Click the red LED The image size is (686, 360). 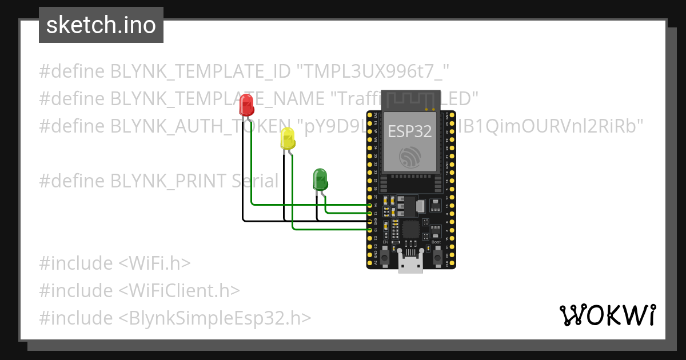click(x=247, y=105)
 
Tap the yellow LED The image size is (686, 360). click(x=288, y=138)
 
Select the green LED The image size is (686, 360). click(x=320, y=179)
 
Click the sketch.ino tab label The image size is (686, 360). click(x=101, y=25)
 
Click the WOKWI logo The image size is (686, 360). click(x=607, y=315)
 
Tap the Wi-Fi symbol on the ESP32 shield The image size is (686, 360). click(x=410, y=156)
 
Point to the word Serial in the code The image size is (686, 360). click(x=255, y=181)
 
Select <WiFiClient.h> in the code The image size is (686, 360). click(x=179, y=290)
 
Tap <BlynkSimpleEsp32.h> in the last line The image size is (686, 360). click(x=215, y=318)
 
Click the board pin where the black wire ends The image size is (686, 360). click(x=370, y=221)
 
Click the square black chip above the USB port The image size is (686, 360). click(x=410, y=230)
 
